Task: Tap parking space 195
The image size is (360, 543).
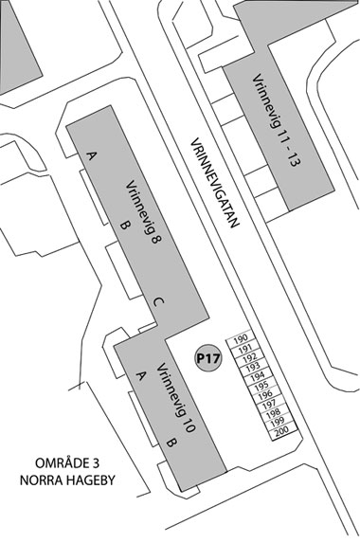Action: [x=261, y=385]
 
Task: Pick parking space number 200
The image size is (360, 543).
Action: [x=280, y=431]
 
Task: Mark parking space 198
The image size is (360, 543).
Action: [x=273, y=413]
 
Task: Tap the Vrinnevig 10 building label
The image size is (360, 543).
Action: [x=175, y=397]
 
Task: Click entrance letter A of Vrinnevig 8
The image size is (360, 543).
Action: [x=92, y=154]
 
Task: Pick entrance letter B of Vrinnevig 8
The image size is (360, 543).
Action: [x=124, y=225]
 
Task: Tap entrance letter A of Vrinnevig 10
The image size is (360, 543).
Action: [x=141, y=375]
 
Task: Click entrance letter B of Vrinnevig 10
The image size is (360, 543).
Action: [x=171, y=443]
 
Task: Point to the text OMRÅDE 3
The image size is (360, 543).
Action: [x=65, y=462]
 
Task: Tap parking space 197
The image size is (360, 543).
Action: [x=269, y=404]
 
